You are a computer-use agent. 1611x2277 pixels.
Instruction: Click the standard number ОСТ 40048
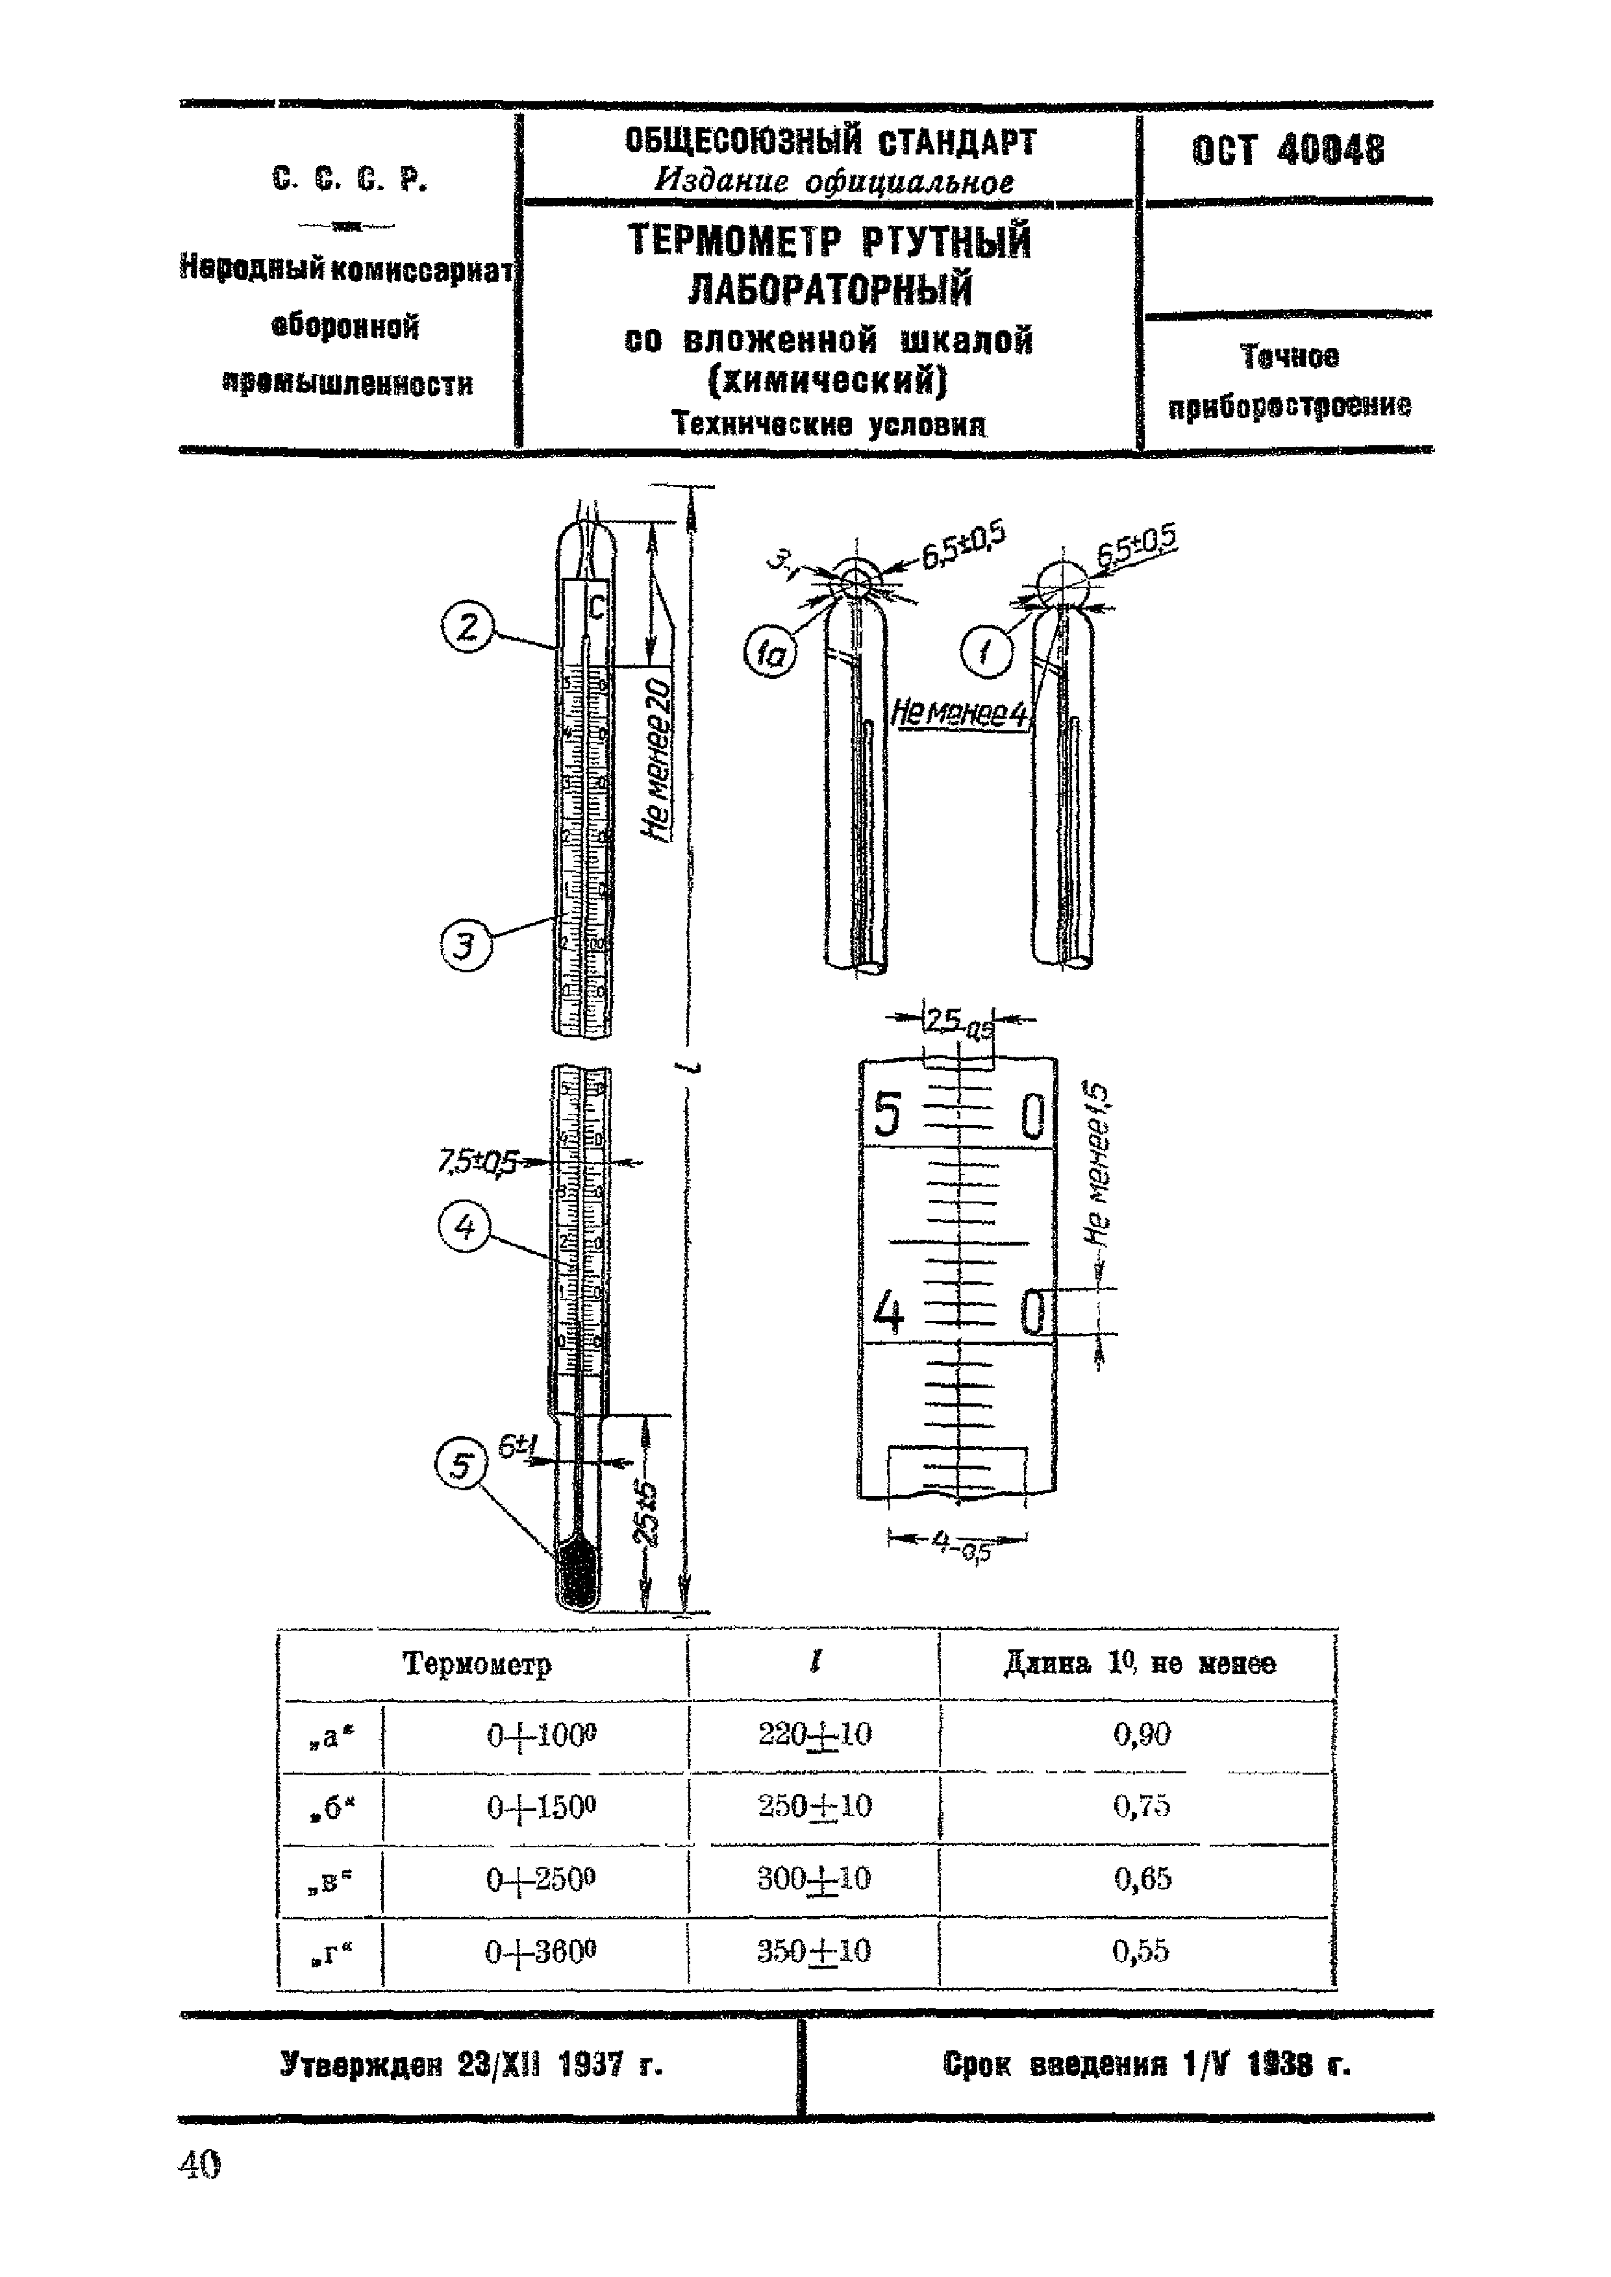click(x=1288, y=151)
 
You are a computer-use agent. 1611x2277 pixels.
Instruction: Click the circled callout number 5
click(x=461, y=1466)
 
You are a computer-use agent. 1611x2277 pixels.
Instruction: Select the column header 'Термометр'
click(x=477, y=1663)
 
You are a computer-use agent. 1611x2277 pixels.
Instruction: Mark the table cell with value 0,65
click(x=1142, y=1878)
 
